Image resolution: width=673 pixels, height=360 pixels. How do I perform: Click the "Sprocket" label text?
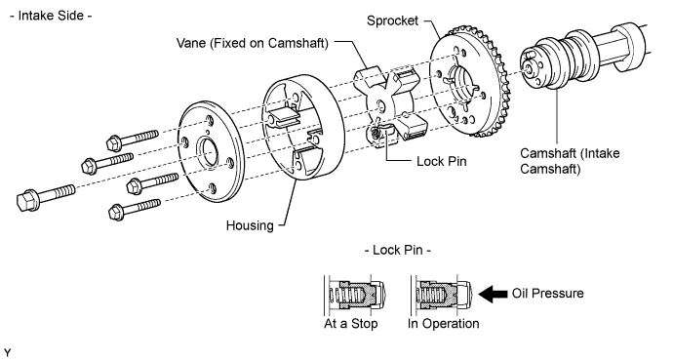click(x=392, y=21)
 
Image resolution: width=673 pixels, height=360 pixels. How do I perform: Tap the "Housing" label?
click(x=250, y=225)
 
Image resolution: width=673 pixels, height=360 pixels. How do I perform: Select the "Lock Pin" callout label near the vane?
click(x=441, y=161)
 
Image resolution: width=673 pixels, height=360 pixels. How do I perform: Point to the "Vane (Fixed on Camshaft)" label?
click(x=253, y=43)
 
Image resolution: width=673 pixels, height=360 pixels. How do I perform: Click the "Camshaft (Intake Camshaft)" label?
click(x=570, y=160)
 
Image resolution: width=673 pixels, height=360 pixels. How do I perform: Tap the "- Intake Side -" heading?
click(x=51, y=16)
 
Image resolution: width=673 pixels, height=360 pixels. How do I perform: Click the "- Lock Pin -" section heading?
click(x=397, y=250)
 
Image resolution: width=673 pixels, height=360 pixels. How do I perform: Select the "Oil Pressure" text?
click(x=548, y=293)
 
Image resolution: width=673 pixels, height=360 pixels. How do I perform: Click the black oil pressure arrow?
click(x=493, y=294)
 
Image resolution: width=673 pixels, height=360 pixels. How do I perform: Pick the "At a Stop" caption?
click(x=351, y=323)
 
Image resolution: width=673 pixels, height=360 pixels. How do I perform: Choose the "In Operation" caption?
click(x=444, y=323)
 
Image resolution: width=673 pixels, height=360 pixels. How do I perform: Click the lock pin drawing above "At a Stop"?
click(x=356, y=296)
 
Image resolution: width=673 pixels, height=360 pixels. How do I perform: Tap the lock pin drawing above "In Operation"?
click(x=442, y=296)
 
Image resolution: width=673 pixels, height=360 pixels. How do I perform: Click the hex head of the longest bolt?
click(x=26, y=200)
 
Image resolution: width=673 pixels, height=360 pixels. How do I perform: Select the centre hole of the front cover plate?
click(x=208, y=153)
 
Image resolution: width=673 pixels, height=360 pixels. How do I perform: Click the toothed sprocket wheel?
click(x=470, y=82)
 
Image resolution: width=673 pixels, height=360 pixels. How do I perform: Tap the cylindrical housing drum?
click(x=303, y=127)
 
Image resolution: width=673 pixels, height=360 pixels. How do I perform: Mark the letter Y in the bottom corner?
click(x=7, y=353)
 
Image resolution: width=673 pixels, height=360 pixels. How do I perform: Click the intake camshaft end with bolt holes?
click(x=533, y=67)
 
